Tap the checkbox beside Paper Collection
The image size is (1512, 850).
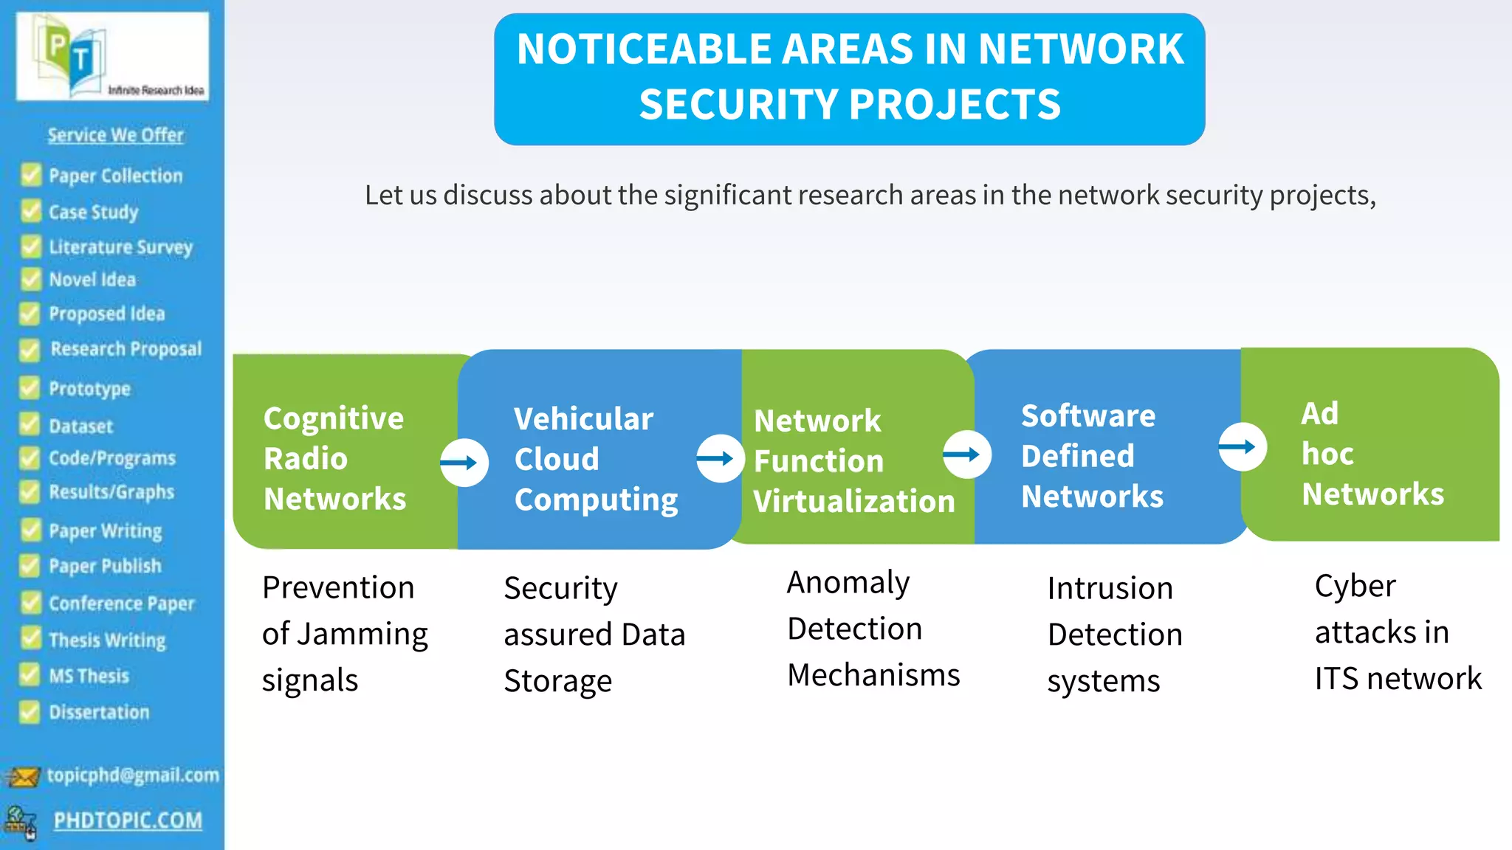(x=31, y=176)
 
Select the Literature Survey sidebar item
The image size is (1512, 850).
(x=120, y=247)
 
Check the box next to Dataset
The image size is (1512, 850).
(x=30, y=425)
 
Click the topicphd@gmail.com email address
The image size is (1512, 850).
(x=133, y=775)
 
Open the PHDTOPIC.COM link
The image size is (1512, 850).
(x=128, y=820)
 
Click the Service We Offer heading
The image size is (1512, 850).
(x=116, y=135)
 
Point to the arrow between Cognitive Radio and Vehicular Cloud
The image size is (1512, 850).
(x=464, y=463)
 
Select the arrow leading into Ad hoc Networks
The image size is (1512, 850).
(x=1242, y=446)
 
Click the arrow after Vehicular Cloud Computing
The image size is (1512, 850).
(x=719, y=458)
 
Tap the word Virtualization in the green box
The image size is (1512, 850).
(x=854, y=502)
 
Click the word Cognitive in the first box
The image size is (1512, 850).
(x=334, y=418)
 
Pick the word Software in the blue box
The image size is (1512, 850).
(x=1088, y=416)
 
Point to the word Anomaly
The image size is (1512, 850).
(x=848, y=583)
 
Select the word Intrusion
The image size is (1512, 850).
(x=1110, y=589)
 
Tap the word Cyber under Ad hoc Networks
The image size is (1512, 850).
(x=1355, y=587)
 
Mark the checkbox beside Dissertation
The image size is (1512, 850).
(x=30, y=712)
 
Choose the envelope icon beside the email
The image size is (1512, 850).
(x=23, y=776)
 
